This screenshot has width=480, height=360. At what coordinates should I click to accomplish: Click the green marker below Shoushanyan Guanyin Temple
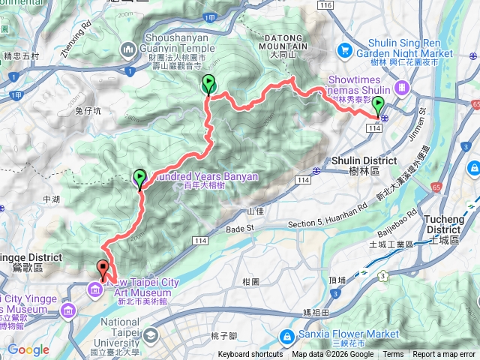pos(208,85)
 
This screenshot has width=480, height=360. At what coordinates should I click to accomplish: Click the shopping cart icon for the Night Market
pos(345,50)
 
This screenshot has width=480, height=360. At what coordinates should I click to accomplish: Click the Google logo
pos(28,349)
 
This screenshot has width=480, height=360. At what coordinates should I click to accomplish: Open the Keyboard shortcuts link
pos(250,355)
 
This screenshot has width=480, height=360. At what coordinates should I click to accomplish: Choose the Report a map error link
pos(445,355)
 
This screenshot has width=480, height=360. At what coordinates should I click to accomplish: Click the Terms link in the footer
pos(393,355)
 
